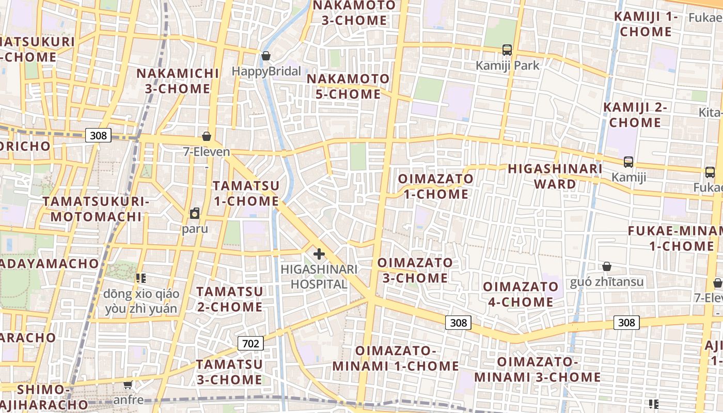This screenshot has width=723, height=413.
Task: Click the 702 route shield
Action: tap(251, 343)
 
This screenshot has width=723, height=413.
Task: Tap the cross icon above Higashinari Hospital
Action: tap(319, 253)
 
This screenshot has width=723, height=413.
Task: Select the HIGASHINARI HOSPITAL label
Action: tap(319, 277)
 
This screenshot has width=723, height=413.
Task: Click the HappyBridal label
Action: tap(266, 71)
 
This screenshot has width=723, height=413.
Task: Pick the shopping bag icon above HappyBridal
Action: tap(266, 56)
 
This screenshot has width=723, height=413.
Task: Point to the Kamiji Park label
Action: tap(507, 66)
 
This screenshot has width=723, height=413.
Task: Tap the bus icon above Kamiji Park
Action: tap(507, 50)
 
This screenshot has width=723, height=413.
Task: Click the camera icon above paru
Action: tap(195, 213)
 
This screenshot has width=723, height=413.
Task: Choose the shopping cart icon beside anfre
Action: tap(128, 385)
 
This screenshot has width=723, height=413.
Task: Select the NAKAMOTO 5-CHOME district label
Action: tap(348, 87)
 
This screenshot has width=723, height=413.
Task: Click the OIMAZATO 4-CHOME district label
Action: tap(521, 294)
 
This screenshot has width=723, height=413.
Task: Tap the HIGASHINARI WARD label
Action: tap(555, 177)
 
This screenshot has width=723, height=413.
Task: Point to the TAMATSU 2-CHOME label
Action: tap(229, 299)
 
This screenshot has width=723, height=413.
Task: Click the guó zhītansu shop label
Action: tap(607, 282)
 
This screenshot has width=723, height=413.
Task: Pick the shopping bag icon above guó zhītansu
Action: tap(607, 266)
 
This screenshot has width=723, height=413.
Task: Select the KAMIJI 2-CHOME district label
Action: tap(635, 115)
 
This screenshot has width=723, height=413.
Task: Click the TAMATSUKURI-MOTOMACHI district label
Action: tap(96, 209)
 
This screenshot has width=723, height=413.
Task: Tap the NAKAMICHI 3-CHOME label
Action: tap(178, 81)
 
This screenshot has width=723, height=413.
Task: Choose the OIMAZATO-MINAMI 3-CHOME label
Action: tap(537, 369)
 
